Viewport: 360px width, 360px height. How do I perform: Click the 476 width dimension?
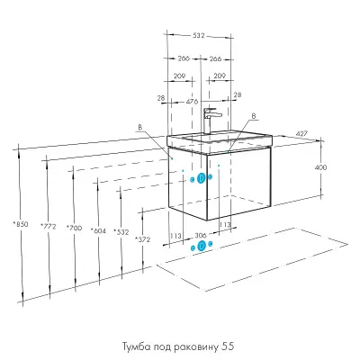coord(192,102)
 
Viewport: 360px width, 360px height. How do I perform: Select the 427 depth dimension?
coord(301,133)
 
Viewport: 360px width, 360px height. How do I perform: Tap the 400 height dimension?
coord(320,167)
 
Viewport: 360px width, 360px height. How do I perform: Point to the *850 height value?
coord(21,224)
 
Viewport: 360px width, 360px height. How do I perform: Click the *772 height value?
coord(49,227)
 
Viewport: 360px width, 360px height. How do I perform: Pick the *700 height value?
coord(74,229)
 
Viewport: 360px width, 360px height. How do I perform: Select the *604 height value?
coord(98,230)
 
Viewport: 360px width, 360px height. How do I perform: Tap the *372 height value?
coord(142,239)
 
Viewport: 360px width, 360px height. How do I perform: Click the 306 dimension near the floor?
coord(201,235)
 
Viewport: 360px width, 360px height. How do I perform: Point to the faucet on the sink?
coord(210,121)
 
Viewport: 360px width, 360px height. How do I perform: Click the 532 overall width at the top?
coord(198,35)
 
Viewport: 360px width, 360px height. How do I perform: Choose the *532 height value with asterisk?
coord(121,232)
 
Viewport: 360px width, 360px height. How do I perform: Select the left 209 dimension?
coord(179,76)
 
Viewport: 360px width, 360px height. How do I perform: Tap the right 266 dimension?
coord(215,58)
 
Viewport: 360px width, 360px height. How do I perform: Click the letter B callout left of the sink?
coord(139,127)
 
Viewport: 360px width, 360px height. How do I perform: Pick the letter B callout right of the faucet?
coord(254,116)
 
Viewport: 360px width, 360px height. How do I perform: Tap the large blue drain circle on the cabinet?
coord(202,178)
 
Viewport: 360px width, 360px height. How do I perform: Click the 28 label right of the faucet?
coord(238,94)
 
